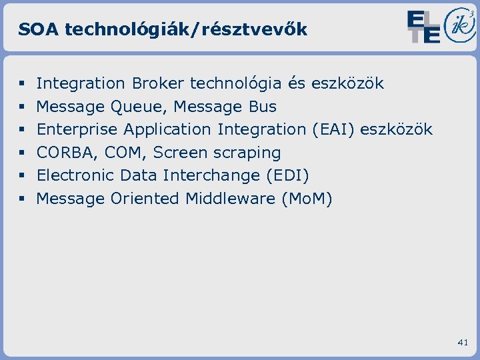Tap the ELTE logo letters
pyautogui.click(x=423, y=27)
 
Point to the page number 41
pyautogui.click(x=463, y=342)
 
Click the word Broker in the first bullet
pyautogui.click(x=158, y=83)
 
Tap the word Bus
pyautogui.click(x=262, y=107)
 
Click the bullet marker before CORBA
pyautogui.click(x=22, y=153)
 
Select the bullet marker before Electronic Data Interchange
pyautogui.click(x=22, y=175)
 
